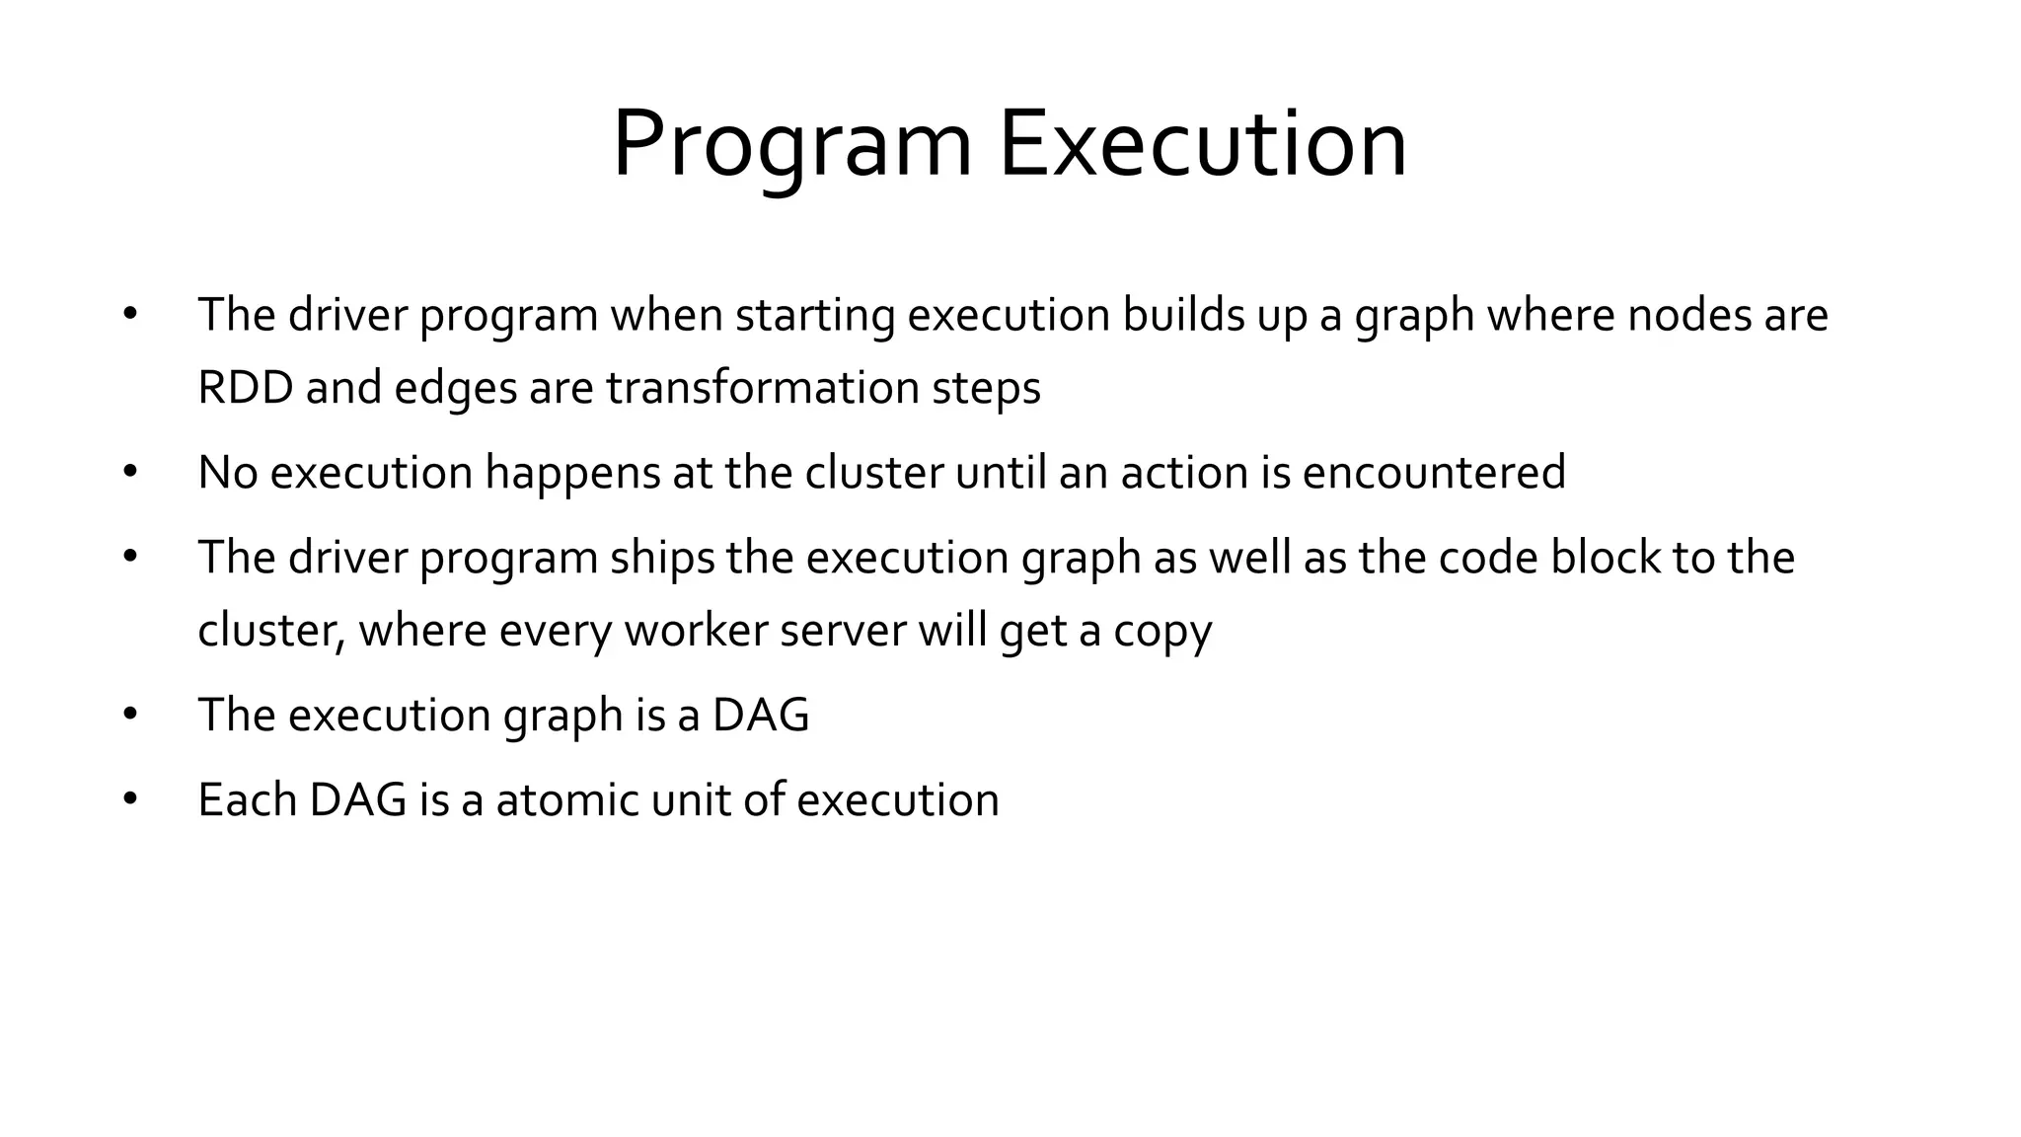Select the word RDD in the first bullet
(245, 387)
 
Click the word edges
(455, 387)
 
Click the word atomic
(567, 799)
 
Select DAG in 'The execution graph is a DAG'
(760, 715)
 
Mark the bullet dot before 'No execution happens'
(130, 472)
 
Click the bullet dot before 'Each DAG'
(130, 799)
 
